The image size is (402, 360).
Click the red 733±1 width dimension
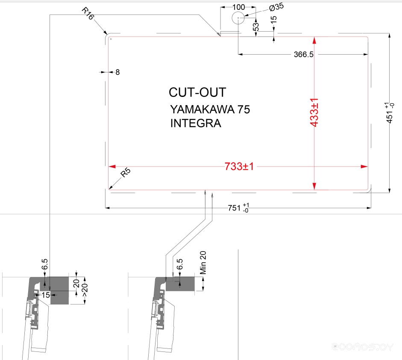239,167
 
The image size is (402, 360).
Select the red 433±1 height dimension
314,112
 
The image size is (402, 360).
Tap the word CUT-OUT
197,92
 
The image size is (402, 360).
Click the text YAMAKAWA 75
210,109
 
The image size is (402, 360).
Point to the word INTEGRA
196,123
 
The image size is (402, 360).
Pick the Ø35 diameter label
276,7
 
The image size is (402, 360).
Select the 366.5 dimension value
304,54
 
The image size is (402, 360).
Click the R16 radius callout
88,13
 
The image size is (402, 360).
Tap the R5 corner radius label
126,173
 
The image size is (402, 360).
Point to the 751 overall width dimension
238,208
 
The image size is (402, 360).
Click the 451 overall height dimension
389,113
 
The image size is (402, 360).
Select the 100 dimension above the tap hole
239,7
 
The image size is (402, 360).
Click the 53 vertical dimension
255,26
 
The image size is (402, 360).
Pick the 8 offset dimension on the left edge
117,72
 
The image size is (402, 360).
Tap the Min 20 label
202,263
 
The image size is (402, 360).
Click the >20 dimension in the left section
85,290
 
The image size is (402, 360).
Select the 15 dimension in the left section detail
46,295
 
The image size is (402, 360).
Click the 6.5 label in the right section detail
180,264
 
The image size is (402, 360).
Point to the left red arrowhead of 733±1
112,167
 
